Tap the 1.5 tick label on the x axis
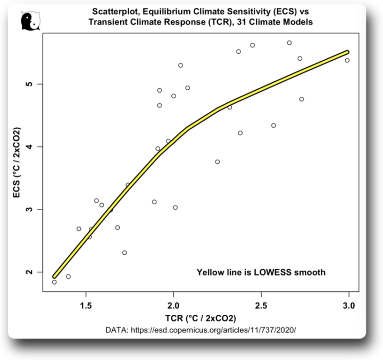[86, 306]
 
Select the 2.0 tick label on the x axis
[173, 306]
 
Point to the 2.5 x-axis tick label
[261, 306]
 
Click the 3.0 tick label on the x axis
[348, 306]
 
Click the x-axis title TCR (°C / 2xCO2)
[200, 319]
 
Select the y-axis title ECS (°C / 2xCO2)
[18, 162]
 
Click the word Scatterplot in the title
[116, 12]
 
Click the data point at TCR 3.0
[347, 60]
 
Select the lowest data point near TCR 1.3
[54, 282]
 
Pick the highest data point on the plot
[289, 43]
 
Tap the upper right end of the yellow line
[347, 52]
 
